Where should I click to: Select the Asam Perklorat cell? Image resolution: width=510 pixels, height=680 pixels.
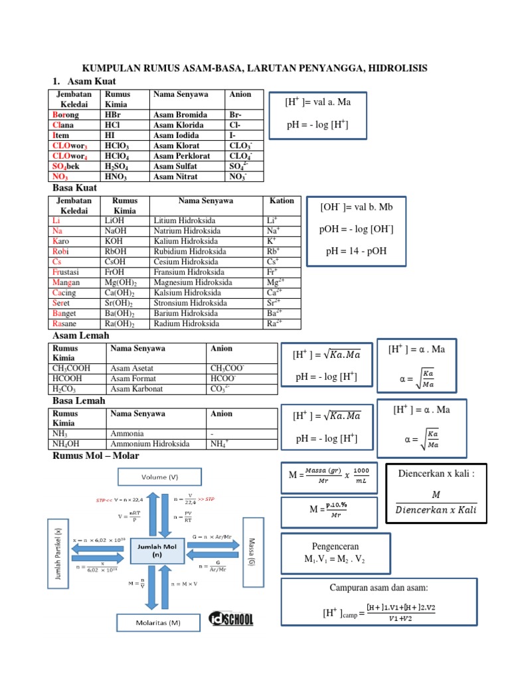point(177,156)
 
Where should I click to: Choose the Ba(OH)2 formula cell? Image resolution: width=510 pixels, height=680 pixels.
point(120,313)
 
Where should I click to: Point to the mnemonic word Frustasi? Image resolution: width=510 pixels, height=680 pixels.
point(68,272)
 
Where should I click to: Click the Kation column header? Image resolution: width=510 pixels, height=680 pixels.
point(282,201)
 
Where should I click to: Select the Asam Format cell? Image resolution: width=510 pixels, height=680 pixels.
point(131,379)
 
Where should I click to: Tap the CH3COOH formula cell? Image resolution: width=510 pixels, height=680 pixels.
point(71,368)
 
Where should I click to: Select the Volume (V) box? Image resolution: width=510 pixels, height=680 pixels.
point(159,477)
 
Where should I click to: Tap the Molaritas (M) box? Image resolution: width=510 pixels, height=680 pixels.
point(159,622)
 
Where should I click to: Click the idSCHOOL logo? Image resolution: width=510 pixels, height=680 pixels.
point(231,619)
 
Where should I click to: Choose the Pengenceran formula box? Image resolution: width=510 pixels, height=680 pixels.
point(330,552)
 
